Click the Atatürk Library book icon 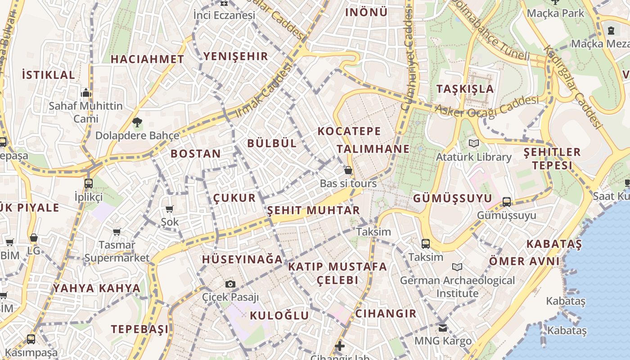coord(473,144)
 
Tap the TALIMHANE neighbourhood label coord(373,149)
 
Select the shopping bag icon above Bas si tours coord(348,170)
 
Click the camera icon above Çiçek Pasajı coord(230,284)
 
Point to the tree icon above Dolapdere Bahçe coord(137,121)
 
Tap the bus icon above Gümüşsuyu coord(507,202)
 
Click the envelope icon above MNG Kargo coord(443,328)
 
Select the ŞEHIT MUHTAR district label coord(314,210)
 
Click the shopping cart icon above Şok coord(170,209)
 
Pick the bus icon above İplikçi coord(88,183)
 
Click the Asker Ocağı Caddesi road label coord(487,108)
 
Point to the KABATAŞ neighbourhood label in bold coord(554,244)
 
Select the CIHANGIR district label coord(386,314)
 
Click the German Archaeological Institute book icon coord(457,267)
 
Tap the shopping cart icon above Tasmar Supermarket coord(117,232)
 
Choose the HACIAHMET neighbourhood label coord(148,59)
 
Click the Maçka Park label coord(555,13)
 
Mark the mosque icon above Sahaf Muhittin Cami coord(85,93)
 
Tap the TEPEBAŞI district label coord(140,329)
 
